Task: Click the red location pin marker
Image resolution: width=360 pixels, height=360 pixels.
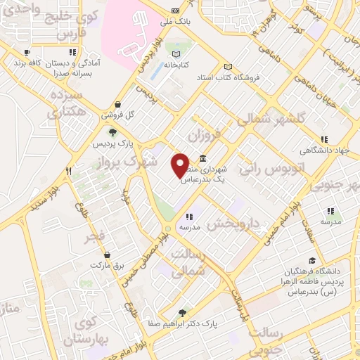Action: coord(181,165)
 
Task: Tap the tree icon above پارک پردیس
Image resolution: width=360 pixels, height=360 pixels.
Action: coord(112,132)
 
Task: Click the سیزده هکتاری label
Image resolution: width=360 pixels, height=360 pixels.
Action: coord(67,104)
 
